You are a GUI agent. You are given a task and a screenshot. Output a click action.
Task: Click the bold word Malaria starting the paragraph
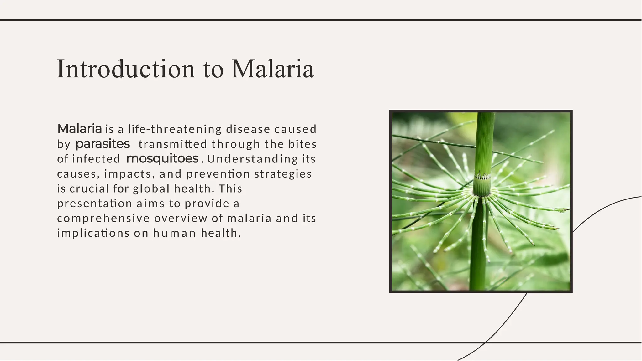point(80,129)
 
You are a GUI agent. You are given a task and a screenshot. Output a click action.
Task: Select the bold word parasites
point(103,144)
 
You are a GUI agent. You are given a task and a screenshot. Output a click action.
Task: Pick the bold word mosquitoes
point(162,159)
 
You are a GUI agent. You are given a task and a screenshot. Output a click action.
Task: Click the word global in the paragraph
point(151,188)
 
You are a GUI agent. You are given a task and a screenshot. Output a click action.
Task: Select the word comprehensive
point(103,218)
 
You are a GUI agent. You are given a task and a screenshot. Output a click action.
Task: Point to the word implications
point(93,233)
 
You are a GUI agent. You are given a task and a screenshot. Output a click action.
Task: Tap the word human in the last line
point(175,233)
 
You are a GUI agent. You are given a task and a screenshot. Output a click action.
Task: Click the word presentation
point(95,204)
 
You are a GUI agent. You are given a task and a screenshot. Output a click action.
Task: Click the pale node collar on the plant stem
point(482,176)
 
